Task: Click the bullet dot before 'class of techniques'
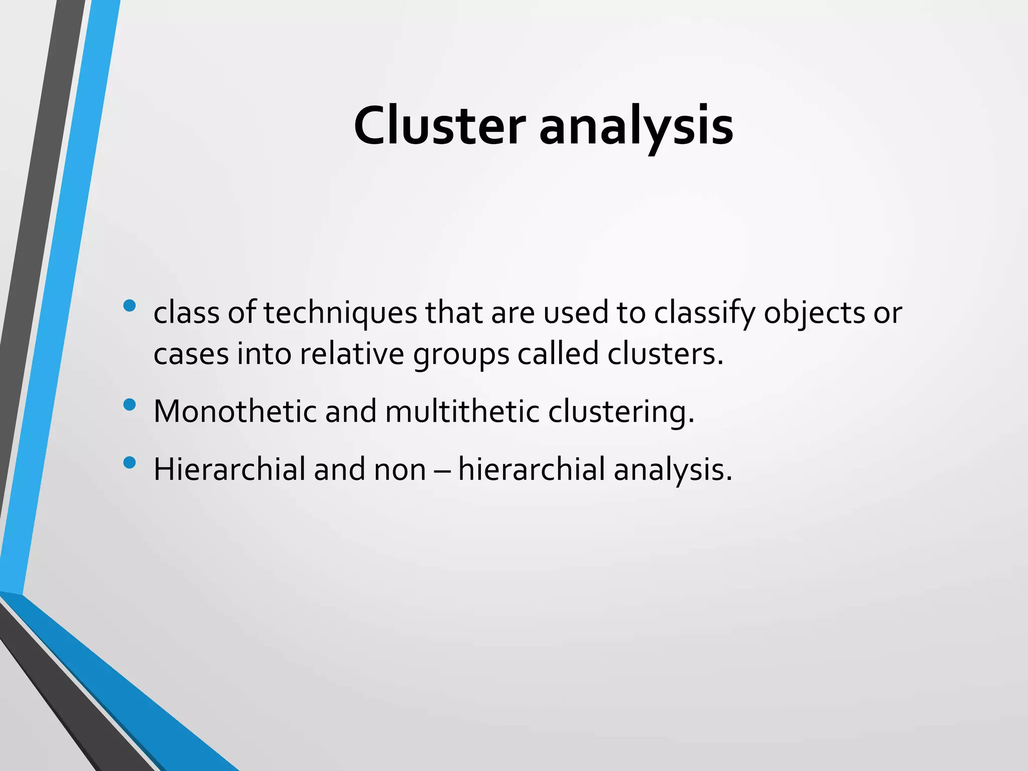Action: (130, 306)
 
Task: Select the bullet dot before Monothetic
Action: (130, 405)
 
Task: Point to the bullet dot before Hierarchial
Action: (130, 462)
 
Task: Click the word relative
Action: (352, 354)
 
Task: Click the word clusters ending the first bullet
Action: (665, 354)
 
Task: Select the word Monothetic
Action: (235, 412)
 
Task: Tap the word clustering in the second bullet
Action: (621, 412)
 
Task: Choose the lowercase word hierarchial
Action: (532, 469)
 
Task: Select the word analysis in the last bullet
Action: (673, 469)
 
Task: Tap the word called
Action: (558, 354)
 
